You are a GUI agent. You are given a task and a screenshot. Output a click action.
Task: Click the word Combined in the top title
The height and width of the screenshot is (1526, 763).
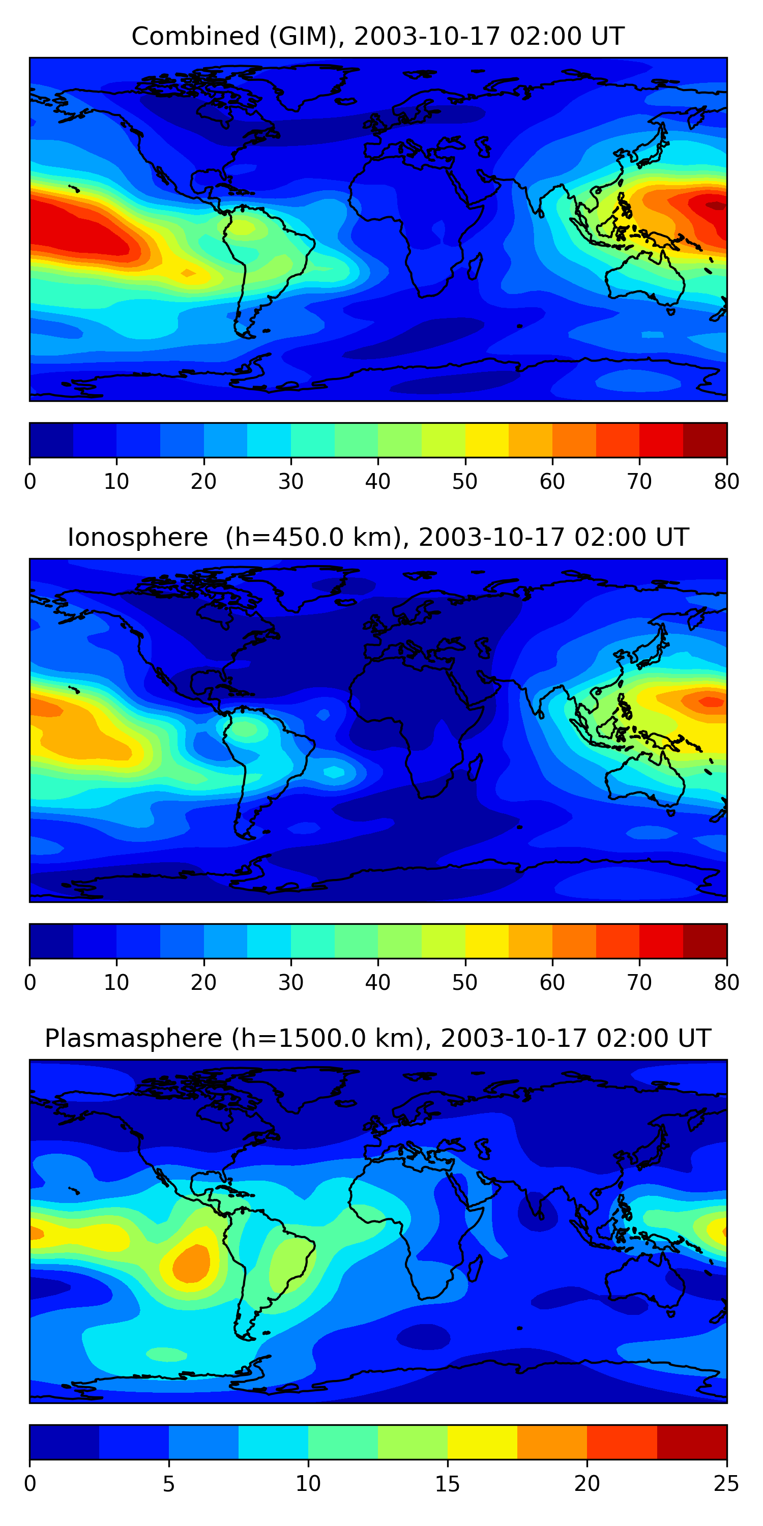coord(195,37)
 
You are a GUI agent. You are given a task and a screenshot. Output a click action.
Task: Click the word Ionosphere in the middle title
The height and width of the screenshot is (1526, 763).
coord(137,538)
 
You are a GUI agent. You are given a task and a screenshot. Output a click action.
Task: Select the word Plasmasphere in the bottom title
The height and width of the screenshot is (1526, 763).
coord(133,1039)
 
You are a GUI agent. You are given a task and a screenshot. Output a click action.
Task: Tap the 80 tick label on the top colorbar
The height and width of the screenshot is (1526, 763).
coord(726,482)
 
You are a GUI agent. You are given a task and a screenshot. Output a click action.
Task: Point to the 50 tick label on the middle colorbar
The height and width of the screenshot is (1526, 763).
coord(464,983)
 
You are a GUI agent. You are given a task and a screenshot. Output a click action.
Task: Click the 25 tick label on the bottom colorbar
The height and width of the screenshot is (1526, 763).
coord(726,1484)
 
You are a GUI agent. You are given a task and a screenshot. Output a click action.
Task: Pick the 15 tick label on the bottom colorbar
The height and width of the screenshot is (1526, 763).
coord(447,1484)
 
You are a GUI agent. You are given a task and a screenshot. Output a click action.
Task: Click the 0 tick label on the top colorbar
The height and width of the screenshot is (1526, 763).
coord(30,482)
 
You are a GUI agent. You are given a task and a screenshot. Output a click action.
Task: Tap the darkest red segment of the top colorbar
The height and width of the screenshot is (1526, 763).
coord(705,440)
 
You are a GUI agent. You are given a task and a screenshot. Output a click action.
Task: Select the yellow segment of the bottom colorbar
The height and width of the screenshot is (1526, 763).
coord(482,1443)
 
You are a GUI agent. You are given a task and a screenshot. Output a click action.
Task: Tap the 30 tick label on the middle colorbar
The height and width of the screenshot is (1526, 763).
coord(290,983)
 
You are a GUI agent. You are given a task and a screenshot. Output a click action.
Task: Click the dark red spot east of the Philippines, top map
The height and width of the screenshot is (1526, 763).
coord(716,206)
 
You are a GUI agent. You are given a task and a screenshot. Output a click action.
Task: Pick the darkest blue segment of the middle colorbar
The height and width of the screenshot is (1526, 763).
coord(51,942)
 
